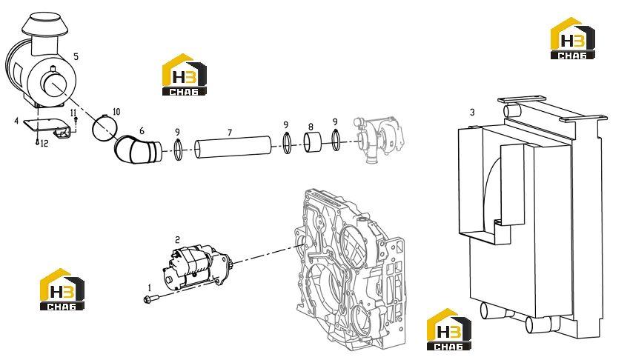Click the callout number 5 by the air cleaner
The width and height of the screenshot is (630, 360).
[76, 56]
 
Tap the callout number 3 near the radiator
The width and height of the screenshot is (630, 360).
[472, 112]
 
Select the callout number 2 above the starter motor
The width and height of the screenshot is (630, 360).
[178, 240]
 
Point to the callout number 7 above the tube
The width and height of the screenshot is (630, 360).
[230, 133]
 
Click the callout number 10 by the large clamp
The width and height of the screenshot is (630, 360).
[116, 112]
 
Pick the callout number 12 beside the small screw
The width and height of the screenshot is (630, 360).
[44, 143]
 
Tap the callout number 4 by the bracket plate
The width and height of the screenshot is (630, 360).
[16, 121]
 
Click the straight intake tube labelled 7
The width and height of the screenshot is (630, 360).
[233, 147]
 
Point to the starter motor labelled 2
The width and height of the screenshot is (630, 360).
[196, 267]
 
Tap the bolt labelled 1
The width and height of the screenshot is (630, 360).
[151, 299]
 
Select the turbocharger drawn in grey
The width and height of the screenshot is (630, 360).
[379, 138]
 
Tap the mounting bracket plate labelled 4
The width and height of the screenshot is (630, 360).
[47, 127]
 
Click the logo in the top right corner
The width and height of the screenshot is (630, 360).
[572, 38]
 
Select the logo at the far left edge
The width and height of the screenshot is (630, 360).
[62, 289]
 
